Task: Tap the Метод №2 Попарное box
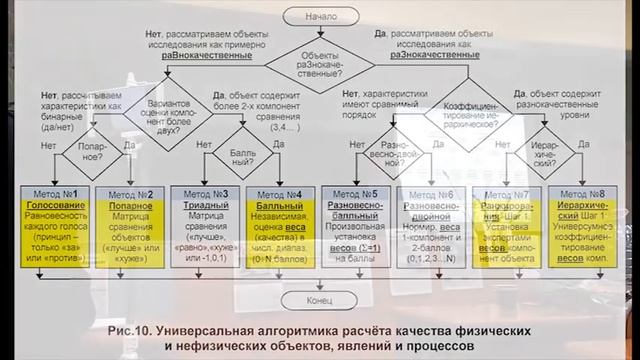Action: click(129, 226)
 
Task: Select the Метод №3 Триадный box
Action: click(205, 226)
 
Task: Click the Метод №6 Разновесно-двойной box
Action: click(431, 226)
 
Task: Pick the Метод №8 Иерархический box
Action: click(585, 226)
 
